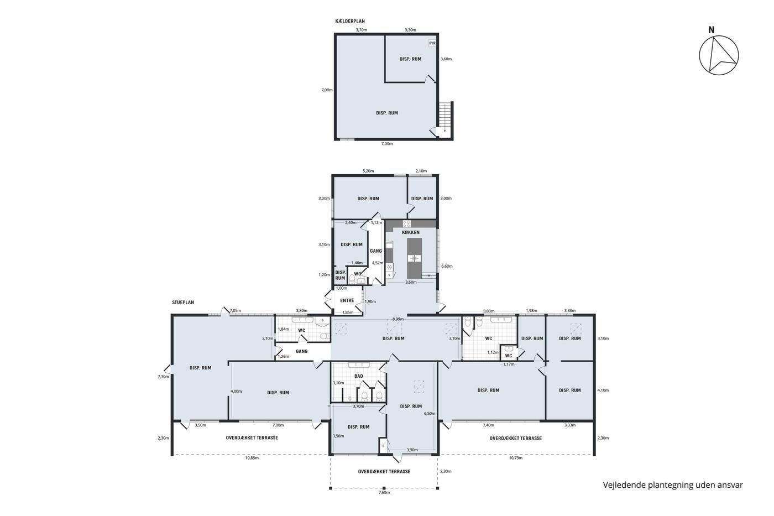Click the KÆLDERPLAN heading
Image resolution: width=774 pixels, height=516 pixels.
point(349,21)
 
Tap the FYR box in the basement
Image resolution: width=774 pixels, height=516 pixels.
point(432,43)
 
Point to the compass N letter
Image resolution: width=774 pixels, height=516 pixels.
point(711,30)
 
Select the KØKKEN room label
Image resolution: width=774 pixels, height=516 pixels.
point(411,233)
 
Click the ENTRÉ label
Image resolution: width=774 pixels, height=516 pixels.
point(347,301)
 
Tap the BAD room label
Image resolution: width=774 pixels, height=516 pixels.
point(359,376)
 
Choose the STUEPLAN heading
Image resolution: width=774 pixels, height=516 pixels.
point(183,303)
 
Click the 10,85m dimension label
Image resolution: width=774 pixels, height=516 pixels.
point(252,458)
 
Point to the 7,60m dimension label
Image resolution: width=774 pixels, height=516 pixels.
point(384,493)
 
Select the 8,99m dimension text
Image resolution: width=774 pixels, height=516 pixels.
point(398,319)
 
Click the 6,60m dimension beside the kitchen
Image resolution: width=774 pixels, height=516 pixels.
point(447,266)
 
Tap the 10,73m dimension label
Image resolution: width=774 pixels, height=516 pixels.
point(515,458)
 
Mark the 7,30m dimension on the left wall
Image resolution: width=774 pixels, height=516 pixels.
point(164,377)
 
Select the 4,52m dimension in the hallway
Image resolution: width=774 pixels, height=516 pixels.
point(377,263)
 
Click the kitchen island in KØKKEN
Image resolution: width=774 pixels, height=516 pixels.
point(414,258)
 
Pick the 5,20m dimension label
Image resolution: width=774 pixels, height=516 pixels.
point(368,171)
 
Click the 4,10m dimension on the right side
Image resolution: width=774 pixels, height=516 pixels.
point(603,390)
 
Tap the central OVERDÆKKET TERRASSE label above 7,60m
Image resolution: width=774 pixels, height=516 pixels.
point(384,471)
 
